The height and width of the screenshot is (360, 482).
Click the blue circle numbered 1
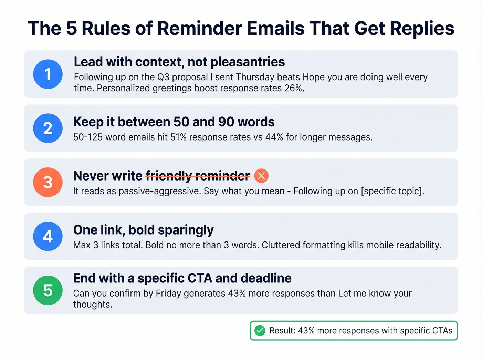[x=48, y=74]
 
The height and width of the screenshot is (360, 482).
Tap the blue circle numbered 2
[x=48, y=128]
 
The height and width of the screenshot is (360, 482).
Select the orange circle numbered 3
[x=48, y=182]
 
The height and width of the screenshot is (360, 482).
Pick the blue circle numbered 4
[x=48, y=236]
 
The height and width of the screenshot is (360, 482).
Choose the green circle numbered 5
[x=48, y=290]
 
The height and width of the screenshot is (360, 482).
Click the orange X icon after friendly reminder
[x=261, y=176]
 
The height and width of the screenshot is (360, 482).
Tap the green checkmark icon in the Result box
[x=260, y=331]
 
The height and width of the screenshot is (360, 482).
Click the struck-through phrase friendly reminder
[x=198, y=176]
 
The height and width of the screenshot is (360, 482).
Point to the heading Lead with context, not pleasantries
[x=179, y=62]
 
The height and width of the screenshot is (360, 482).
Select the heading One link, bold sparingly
[x=143, y=230]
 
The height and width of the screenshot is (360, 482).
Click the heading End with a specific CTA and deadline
[x=182, y=278]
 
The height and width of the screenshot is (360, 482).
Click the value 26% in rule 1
[x=294, y=88]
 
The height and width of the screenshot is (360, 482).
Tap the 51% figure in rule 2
[x=178, y=137]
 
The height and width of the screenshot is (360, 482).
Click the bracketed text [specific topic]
[x=392, y=191]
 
